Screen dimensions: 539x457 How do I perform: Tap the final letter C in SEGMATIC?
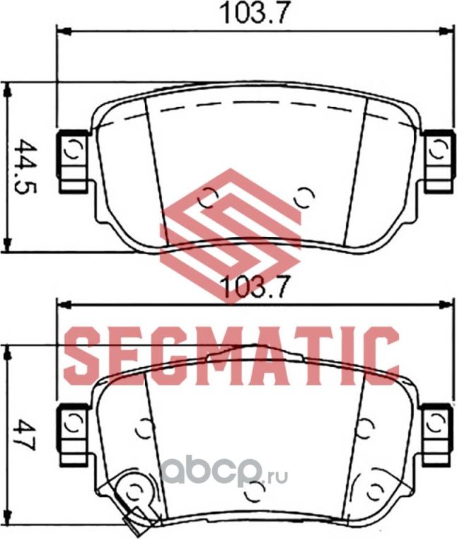coord(383,354)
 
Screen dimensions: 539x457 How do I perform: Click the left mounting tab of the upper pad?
coord(74,160)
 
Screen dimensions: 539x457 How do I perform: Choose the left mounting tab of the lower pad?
coord(74,431)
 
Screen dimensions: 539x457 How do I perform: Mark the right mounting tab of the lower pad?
coord(438,429)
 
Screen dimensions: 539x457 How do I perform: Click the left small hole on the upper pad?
coord(207,198)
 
